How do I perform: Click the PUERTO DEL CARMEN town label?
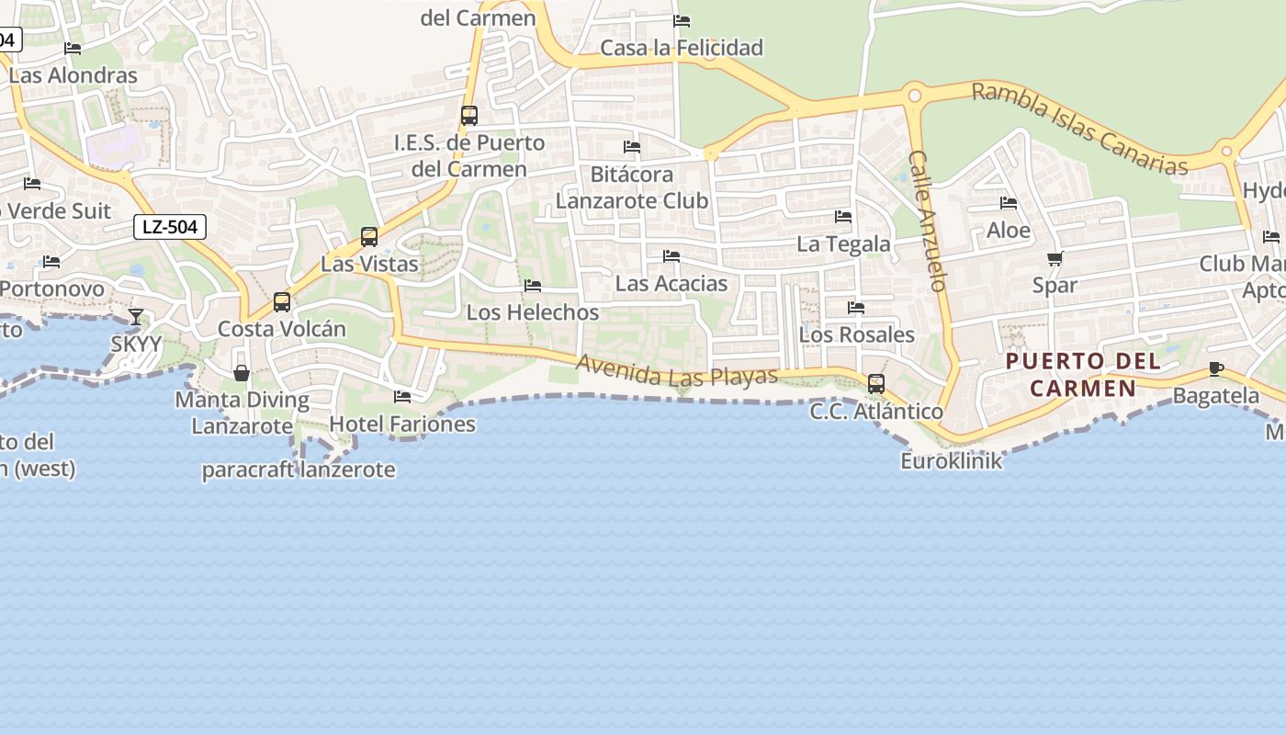coord(1083,375)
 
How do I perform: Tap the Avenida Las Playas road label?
coord(677,370)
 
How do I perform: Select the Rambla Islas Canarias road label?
coord(1079,128)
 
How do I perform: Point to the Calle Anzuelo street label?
coord(927,221)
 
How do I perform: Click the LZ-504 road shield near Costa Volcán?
coord(170,226)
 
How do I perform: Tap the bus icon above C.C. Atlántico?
coord(876,384)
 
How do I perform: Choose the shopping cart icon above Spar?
coord(1055,259)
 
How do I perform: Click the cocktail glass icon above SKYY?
coord(136,318)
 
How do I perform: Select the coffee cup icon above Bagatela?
coord(1216,369)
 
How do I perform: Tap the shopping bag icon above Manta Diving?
coord(242,373)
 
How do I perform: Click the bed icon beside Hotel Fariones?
coord(402,397)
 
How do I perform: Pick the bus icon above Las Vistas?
coord(369,237)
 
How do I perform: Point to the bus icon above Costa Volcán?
coord(282,302)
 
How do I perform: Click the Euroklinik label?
coord(951,461)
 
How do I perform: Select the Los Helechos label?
coord(533,312)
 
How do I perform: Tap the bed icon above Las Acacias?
coord(671,256)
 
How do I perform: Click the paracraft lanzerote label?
coord(299,470)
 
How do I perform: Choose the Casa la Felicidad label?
coord(682,48)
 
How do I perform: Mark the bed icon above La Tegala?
coord(843,217)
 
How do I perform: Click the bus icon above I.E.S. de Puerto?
coord(469,116)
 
